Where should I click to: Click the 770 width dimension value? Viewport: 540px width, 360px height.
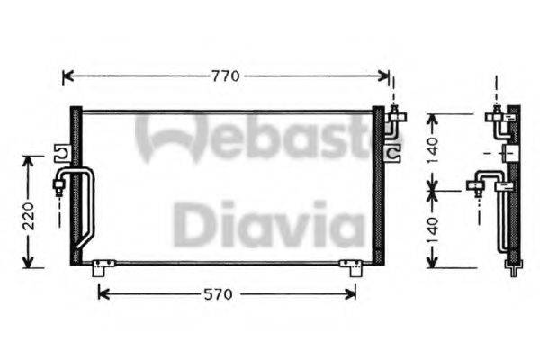click(x=225, y=76)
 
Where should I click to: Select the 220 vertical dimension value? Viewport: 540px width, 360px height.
click(x=29, y=216)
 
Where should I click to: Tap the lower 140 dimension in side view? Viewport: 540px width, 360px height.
click(x=433, y=230)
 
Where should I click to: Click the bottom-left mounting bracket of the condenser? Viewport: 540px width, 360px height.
click(x=102, y=266)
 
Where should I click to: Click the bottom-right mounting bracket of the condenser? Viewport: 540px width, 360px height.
click(x=349, y=266)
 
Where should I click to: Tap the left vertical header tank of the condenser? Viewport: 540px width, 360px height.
click(x=76, y=184)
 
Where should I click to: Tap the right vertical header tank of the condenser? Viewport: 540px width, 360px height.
click(x=379, y=184)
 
